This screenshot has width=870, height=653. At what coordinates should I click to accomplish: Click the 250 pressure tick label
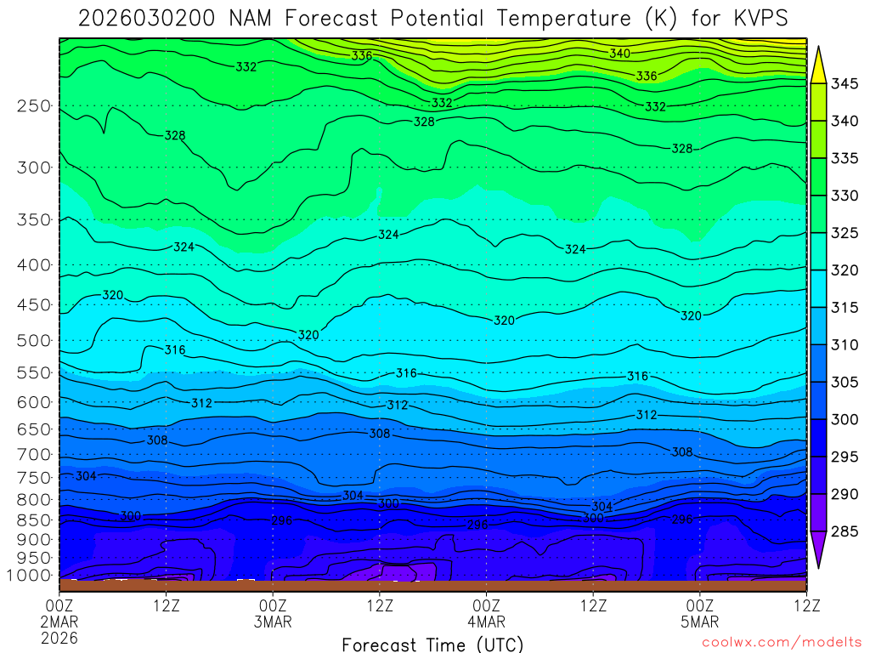pyautogui.click(x=33, y=106)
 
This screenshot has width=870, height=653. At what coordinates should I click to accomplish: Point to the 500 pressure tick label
pyautogui.click(x=33, y=341)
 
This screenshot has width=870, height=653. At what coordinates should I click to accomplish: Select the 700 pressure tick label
pyautogui.click(x=33, y=454)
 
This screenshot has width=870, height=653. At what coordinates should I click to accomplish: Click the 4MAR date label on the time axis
pyautogui.click(x=486, y=622)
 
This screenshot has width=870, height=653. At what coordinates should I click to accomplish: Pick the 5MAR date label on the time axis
pyautogui.click(x=699, y=622)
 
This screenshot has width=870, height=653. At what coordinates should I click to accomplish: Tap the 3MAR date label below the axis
pyautogui.click(x=273, y=622)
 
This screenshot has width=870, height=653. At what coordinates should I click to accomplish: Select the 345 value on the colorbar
pyautogui.click(x=845, y=83)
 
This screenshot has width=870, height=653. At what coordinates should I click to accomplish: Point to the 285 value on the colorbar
pyautogui.click(x=845, y=531)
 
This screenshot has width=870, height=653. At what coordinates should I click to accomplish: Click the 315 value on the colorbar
pyautogui.click(x=845, y=307)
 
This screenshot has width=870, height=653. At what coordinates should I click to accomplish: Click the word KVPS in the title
pyautogui.click(x=752, y=18)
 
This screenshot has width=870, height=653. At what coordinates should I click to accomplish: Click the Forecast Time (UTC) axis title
pyautogui.click(x=432, y=644)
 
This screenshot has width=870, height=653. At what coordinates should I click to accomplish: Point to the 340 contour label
pyautogui.click(x=619, y=54)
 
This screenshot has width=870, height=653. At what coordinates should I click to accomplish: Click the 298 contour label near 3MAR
pyautogui.click(x=282, y=520)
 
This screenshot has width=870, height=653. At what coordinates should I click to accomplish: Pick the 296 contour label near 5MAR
pyautogui.click(x=682, y=519)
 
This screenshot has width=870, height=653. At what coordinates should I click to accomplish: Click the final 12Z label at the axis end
pyautogui.click(x=805, y=605)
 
